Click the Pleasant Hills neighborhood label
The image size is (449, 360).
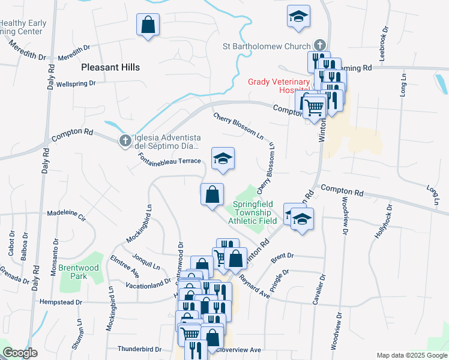110,67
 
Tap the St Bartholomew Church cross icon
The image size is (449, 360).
320,46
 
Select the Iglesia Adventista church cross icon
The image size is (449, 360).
125,140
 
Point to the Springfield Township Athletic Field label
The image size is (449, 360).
252,212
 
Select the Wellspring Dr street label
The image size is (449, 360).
76,83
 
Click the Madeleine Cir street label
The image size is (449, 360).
67,213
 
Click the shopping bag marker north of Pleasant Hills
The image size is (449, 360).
148,25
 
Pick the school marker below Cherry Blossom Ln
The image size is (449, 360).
223,159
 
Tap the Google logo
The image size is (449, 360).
20,353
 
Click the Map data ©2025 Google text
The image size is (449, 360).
411,355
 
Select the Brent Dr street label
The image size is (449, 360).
282,256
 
